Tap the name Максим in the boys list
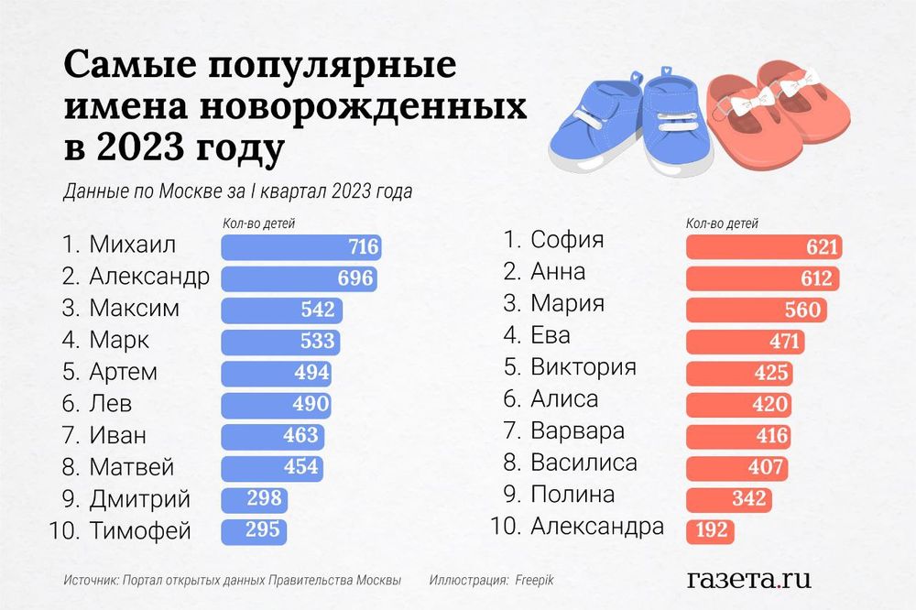(x=134, y=309)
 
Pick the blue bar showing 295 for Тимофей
(x=254, y=530)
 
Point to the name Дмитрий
(x=139, y=499)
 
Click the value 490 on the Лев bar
(x=305, y=404)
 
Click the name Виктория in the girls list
(x=583, y=367)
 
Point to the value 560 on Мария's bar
(x=801, y=310)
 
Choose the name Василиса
(x=583, y=463)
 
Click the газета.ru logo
(x=748, y=578)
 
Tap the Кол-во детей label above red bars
(x=721, y=223)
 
